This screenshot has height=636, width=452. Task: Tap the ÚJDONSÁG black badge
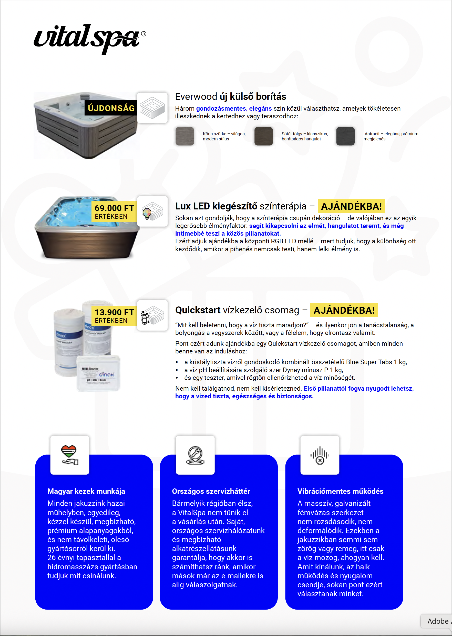pyautogui.click(x=111, y=108)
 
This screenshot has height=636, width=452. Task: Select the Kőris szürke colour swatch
pyautogui.click(x=184, y=136)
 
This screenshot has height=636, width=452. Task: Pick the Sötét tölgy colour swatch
pyautogui.click(x=263, y=136)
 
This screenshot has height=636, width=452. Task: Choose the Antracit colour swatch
pyautogui.click(x=345, y=136)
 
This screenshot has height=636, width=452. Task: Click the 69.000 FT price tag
pyautogui.click(x=114, y=211)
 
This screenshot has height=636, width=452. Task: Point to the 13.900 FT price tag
pyautogui.click(x=114, y=316)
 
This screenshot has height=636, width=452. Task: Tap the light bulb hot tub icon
pyautogui.click(x=152, y=211)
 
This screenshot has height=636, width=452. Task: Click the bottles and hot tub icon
pyautogui.click(x=152, y=315)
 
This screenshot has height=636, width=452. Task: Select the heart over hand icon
pyautogui.click(x=70, y=455)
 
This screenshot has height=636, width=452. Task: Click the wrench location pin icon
pyautogui.click(x=195, y=455)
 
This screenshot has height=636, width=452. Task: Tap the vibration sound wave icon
pyautogui.click(x=320, y=455)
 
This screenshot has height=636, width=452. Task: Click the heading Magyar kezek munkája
pyautogui.click(x=86, y=491)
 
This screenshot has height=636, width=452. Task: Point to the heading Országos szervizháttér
pyautogui.click(x=211, y=491)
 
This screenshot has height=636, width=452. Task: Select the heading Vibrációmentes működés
pyautogui.click(x=340, y=491)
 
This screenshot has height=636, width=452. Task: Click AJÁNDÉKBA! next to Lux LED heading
pyautogui.click(x=351, y=206)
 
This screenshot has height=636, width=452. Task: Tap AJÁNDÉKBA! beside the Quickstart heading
pyautogui.click(x=344, y=310)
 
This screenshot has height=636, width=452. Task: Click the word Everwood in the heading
pyautogui.click(x=196, y=97)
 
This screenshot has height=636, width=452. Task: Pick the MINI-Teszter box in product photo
pyautogui.click(x=98, y=373)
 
